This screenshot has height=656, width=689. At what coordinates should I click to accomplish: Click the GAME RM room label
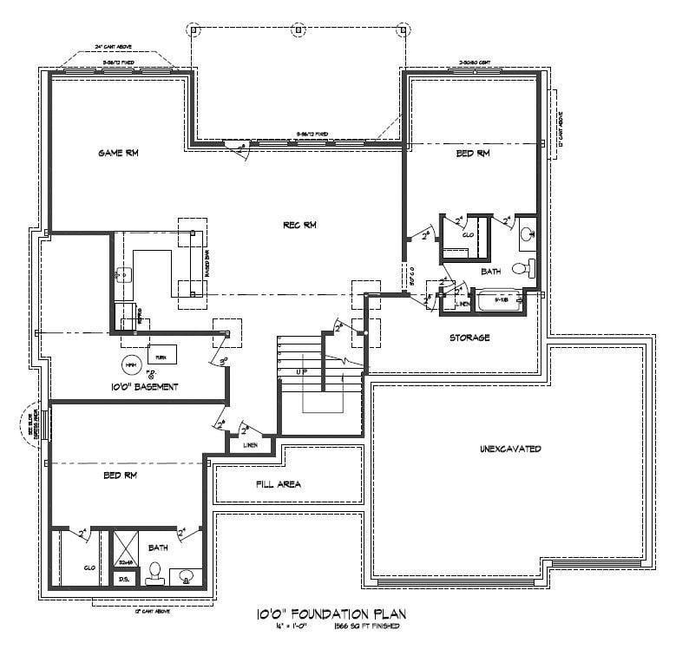[x=119, y=153]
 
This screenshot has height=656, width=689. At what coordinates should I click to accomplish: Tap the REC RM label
[x=299, y=226]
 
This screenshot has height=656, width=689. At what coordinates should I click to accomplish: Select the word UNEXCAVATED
[x=510, y=449]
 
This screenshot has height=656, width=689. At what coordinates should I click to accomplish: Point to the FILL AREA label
[x=278, y=484]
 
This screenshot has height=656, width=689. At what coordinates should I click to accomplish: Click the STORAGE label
[x=469, y=338]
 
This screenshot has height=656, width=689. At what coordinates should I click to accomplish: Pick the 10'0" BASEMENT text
[x=144, y=387]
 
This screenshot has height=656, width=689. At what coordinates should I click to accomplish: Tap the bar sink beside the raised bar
[x=124, y=275]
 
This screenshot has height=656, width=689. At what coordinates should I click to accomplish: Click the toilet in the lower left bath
[x=156, y=573]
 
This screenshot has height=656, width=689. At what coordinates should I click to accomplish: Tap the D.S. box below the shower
[x=123, y=579]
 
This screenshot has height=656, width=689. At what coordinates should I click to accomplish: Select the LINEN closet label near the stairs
[x=252, y=445]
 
